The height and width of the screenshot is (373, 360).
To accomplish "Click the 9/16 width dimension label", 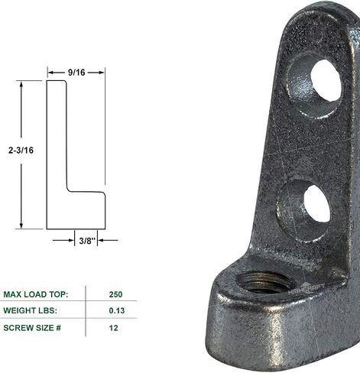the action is point(76,73).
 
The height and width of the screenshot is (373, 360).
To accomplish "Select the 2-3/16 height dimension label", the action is point(21,151).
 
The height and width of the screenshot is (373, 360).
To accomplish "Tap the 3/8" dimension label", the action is point(87,241).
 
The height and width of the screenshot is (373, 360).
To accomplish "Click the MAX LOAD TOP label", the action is point(36,294).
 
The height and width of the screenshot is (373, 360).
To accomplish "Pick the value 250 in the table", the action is point(115,294).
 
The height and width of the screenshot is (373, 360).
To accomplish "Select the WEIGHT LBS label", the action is point(30,310).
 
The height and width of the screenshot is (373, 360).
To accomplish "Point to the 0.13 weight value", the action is point(117,310).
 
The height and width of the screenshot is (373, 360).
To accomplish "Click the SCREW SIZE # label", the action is point(32,328).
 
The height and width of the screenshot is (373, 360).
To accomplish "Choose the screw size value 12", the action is point(114,328).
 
